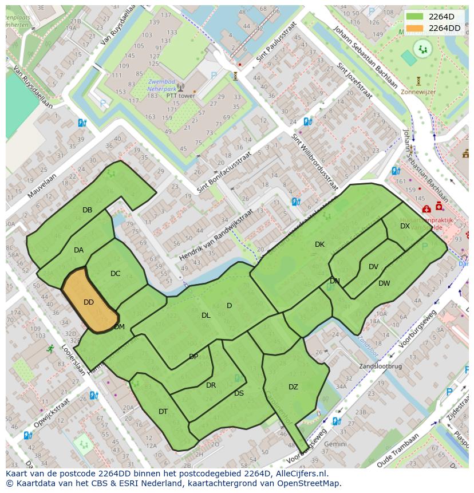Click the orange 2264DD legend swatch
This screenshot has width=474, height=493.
(415, 28)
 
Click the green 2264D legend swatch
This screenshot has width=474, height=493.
(415, 17)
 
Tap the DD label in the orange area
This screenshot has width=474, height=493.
(89, 302)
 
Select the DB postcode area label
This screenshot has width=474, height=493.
(87, 210)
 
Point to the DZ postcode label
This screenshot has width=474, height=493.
(293, 387)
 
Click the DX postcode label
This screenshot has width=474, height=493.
(405, 226)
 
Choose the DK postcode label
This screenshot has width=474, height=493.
(319, 244)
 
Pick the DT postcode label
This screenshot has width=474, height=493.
(163, 412)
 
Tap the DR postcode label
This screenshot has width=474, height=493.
(211, 385)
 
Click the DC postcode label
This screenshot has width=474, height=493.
(115, 274)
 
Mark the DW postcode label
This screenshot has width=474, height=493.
(384, 283)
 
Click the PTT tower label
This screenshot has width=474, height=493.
(180, 96)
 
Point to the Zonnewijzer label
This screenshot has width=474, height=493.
(418, 91)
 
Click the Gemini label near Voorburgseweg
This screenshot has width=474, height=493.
(335, 444)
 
